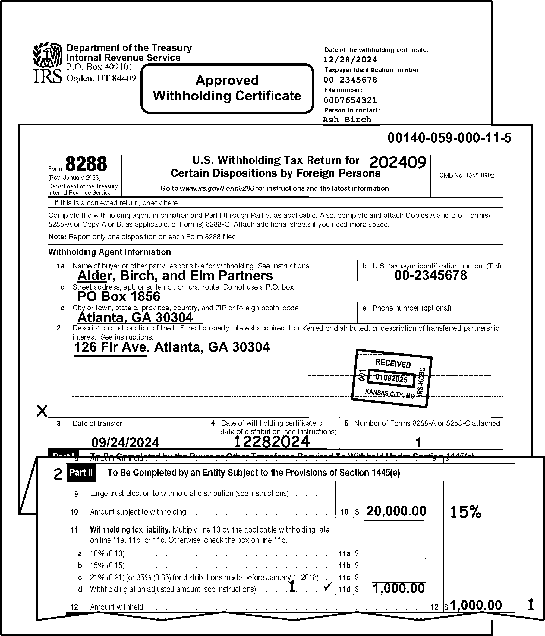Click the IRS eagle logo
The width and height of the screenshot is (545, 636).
coord(48,55)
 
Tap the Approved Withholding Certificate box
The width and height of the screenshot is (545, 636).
coord(227,88)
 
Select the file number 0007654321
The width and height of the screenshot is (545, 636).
coord(350,100)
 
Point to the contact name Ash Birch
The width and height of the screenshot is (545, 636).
coord(347,120)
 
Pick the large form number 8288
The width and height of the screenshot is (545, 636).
coord(86,164)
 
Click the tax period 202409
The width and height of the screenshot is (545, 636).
coord(398,162)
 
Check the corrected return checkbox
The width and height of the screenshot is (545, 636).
coord(494,202)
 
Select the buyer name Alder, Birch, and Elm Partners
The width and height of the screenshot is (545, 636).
coord(175,276)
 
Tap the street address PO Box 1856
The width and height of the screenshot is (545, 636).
coord(119,296)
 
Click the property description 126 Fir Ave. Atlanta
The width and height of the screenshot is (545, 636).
coord(172,347)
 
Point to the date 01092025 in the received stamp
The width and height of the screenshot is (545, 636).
coord(391,378)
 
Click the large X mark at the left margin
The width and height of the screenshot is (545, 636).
coord(42,411)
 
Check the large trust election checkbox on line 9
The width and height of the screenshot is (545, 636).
coord(326,493)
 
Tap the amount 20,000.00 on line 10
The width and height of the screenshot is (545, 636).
coord(396,511)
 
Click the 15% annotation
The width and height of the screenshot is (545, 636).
coord(466,512)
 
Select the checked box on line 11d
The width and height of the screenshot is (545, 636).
coord(327,588)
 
